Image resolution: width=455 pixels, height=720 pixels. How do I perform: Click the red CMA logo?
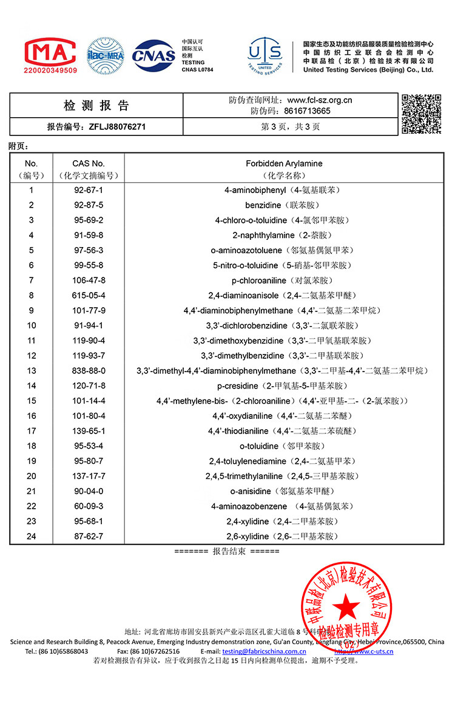tap(50, 52)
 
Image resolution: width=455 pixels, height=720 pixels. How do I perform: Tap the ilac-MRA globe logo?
tap(105, 56)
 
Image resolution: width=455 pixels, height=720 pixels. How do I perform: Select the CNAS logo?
tap(154, 56)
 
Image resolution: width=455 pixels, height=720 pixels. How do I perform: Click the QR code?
tap(422, 114)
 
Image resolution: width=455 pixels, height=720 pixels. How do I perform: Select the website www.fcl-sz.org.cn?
tap(320, 101)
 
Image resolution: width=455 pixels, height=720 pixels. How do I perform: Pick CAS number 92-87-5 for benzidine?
tap(89, 205)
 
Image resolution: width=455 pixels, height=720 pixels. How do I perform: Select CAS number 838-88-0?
tap(89, 370)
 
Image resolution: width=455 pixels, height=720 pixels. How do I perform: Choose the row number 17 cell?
tap(32, 431)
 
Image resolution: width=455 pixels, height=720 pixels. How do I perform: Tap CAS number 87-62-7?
tap(89, 536)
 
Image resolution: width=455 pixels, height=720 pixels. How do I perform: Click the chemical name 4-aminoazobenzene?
tap(249, 506)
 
